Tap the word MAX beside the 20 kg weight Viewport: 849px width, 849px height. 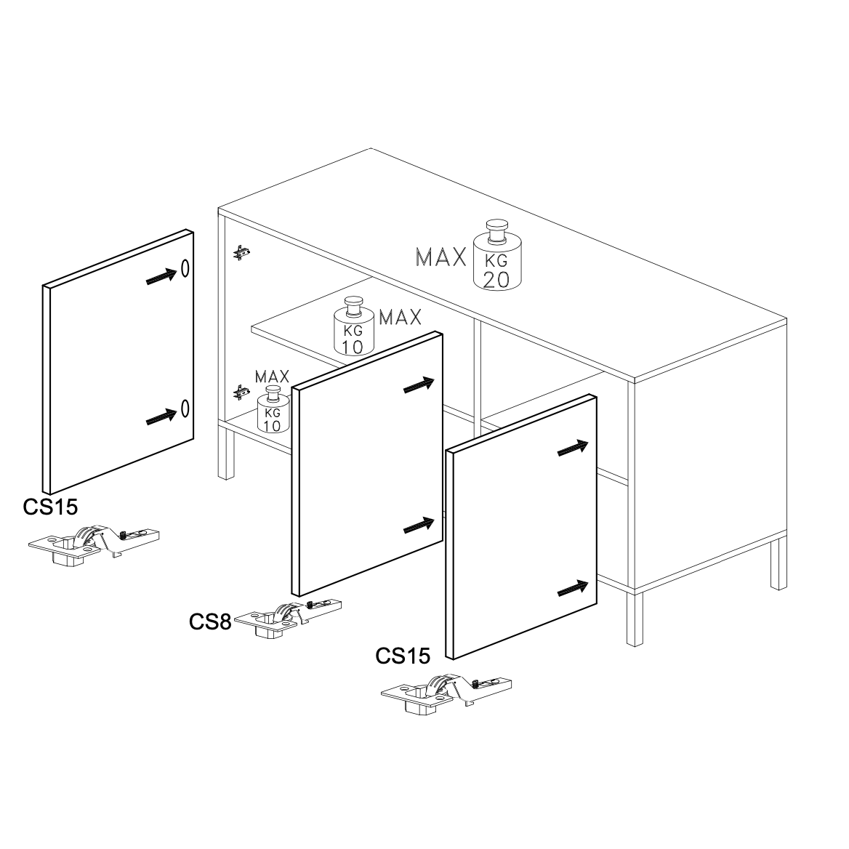click(x=440, y=257)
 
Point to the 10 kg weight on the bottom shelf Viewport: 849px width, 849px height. click(x=273, y=409)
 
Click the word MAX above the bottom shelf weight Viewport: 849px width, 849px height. click(x=272, y=377)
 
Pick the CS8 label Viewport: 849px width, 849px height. click(x=210, y=621)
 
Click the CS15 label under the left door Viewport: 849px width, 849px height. click(x=50, y=507)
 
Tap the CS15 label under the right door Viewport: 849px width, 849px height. click(x=403, y=656)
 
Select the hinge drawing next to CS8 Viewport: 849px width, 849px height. click(x=288, y=619)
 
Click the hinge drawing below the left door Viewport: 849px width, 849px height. click(x=94, y=544)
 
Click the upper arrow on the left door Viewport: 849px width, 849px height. click(x=161, y=277)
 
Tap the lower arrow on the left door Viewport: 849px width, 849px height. click(x=161, y=417)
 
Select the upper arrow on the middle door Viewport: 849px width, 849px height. click(x=419, y=385)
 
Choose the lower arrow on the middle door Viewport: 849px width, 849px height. click(x=419, y=526)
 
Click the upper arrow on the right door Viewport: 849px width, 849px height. click(x=573, y=448)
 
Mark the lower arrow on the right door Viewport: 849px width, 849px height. click(x=573, y=589)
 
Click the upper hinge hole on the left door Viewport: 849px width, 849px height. click(x=185, y=268)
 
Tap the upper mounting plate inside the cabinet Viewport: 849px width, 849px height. click(x=241, y=252)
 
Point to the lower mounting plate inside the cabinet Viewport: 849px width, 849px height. click(x=241, y=393)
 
